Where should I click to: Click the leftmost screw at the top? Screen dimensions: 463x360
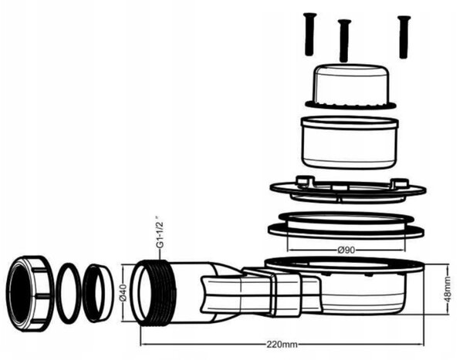point(309,34)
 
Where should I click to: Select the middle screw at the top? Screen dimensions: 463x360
point(344,40)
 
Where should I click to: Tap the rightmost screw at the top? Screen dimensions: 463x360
point(404,37)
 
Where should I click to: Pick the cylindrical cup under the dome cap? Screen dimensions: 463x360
point(350,143)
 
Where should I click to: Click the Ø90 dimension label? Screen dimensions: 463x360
point(346,251)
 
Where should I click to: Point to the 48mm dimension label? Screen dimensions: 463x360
point(448,289)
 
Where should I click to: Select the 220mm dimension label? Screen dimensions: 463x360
point(282,345)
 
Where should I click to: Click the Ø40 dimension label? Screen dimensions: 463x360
point(123,293)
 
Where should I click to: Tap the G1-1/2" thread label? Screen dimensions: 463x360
point(160,232)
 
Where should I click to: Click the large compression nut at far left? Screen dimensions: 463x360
point(30,293)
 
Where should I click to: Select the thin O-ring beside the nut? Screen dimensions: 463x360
point(69,293)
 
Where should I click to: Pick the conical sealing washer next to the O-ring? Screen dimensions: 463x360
point(98,293)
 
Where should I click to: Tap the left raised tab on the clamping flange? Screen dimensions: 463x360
point(305,181)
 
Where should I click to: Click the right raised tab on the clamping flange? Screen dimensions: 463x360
point(400,183)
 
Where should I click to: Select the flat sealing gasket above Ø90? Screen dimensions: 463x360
point(346,224)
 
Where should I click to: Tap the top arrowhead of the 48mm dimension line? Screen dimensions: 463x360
point(448,267)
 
